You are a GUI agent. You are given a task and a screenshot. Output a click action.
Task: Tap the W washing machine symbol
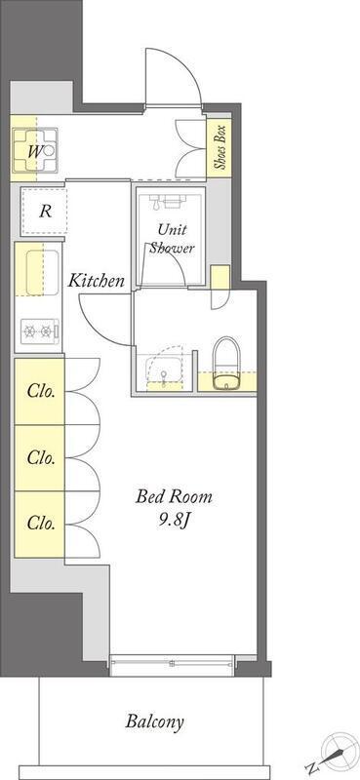tap(35, 149)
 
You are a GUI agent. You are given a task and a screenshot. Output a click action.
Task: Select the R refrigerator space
tap(44, 212)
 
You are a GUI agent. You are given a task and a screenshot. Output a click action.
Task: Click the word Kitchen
tap(96, 281)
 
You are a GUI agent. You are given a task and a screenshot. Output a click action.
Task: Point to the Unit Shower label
tap(173, 238)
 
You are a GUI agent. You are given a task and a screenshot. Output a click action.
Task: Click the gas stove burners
tap(39, 331)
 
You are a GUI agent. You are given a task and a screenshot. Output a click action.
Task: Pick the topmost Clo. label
tap(41, 392)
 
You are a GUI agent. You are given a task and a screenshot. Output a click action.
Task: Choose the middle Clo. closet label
tap(41, 457)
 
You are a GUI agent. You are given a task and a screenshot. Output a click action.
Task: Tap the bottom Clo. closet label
tap(41, 524)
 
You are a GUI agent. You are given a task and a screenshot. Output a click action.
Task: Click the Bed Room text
tap(175, 496)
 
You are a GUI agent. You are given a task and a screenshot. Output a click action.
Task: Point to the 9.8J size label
tap(174, 521)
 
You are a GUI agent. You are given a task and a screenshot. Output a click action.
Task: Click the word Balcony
tap(154, 721)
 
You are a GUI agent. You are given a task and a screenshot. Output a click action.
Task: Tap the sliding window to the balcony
tap(172, 663)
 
